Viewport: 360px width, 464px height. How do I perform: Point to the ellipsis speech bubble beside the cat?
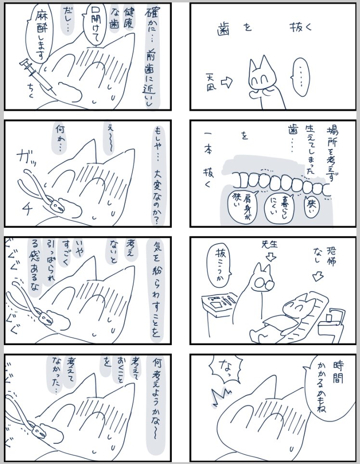coord(304,75)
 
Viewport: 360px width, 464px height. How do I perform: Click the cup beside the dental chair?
coord(329,317)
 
